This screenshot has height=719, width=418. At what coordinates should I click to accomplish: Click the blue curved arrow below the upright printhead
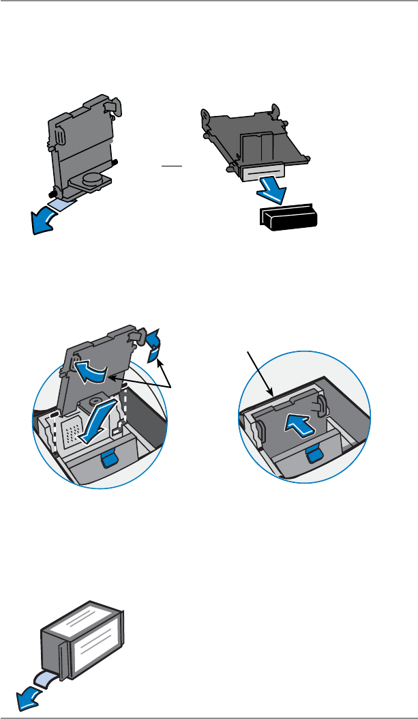pos(42,220)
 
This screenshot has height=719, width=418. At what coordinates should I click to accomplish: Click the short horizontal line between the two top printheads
pos(170,165)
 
